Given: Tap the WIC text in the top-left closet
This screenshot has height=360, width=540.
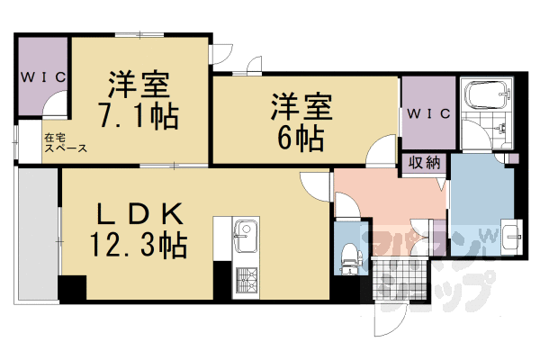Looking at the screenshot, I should pos(42,77).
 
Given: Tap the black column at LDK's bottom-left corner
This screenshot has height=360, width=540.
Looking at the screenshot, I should pos(71,289).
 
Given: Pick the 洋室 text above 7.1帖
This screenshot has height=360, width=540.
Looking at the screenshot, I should pos(139,85).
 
